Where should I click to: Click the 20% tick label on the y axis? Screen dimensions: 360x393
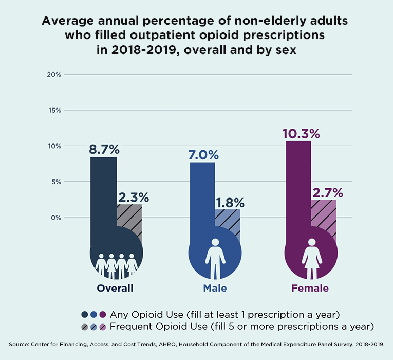tap(54, 74)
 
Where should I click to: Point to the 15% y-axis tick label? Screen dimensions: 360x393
tap(54, 110)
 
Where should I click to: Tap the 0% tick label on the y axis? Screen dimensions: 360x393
tap(55, 217)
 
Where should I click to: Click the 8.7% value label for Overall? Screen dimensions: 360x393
tap(105, 150)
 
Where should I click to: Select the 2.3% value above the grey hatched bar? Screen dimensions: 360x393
tap(133, 197)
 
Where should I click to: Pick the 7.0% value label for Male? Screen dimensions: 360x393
tap(203, 155)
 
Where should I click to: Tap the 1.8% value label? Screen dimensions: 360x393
tap(229, 203)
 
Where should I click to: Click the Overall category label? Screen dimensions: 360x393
tap(115, 288)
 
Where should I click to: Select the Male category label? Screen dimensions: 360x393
tap(215, 288)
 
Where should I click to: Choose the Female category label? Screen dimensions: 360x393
tap(310, 288)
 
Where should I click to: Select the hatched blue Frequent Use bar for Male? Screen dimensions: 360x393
tap(227, 224)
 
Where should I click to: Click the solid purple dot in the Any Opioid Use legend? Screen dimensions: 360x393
tap(103, 314)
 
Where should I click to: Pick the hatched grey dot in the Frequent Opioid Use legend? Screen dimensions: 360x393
tap(84, 327)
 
